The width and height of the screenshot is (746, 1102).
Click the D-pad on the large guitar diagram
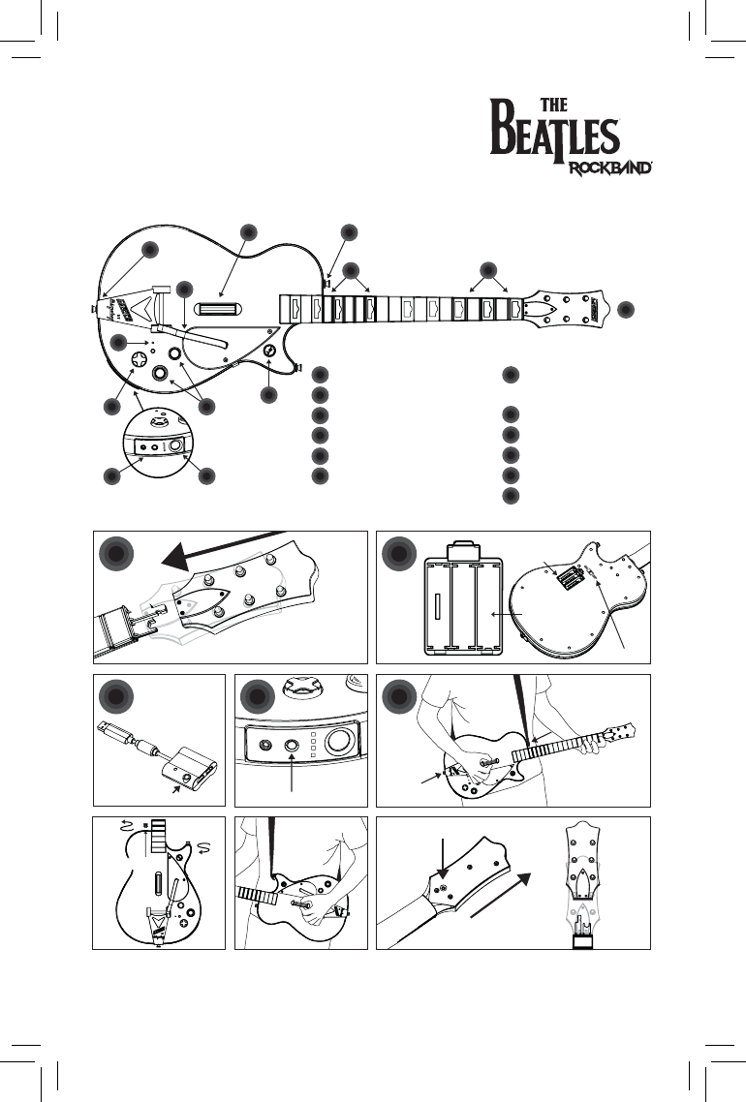click(139, 359)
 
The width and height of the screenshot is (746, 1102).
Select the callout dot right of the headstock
click(626, 309)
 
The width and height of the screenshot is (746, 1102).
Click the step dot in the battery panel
click(398, 556)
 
